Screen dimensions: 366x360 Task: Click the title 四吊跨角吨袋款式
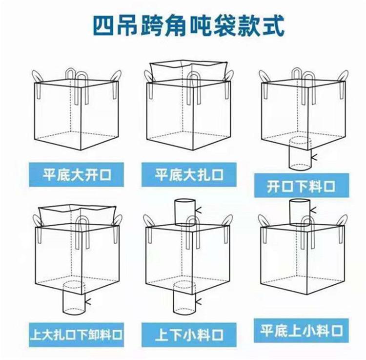coord(188,25)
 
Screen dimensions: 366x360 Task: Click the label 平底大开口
coord(77,175)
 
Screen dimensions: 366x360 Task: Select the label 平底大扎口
coord(189,175)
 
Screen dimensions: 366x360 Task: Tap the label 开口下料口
coord(302,186)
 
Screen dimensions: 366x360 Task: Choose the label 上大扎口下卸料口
coord(76,335)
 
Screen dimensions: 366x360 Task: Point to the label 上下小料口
coord(189,335)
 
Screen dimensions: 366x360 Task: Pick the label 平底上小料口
coord(302,330)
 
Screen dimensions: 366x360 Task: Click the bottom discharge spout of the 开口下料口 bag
coord(300,154)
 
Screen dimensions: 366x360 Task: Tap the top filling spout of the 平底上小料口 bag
coord(300,212)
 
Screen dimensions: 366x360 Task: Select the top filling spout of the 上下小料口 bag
coord(185,212)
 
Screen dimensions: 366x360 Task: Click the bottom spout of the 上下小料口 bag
coord(184,298)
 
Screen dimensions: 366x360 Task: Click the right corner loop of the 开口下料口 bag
coord(343,76)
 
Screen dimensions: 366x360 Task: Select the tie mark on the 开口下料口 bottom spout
coord(314,158)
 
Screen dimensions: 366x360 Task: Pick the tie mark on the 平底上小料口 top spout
coord(313,210)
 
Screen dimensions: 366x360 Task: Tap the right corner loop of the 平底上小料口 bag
coord(342,220)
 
